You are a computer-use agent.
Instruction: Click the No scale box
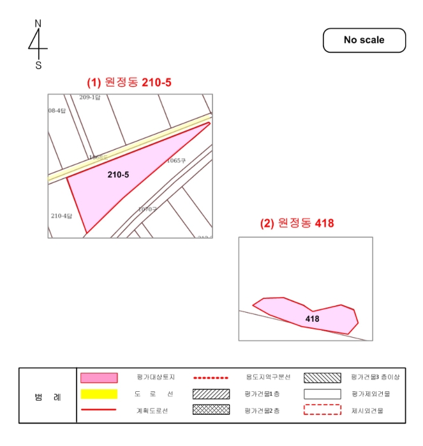click(x=364, y=40)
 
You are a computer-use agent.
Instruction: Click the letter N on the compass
click(x=38, y=24)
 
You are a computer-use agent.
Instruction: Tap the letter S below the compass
click(x=38, y=65)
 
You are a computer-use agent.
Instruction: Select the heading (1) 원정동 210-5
click(x=130, y=82)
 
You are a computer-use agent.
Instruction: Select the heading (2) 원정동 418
click(x=297, y=224)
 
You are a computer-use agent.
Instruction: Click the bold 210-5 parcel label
click(x=118, y=173)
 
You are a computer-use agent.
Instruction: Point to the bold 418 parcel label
click(x=312, y=319)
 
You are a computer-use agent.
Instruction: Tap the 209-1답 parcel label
click(x=90, y=97)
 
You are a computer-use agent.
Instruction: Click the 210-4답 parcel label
click(x=62, y=216)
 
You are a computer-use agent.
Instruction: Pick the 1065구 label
click(x=175, y=161)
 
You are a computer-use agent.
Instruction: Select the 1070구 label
click(x=147, y=209)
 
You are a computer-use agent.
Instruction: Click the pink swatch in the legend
click(x=99, y=378)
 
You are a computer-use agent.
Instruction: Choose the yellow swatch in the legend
click(x=99, y=394)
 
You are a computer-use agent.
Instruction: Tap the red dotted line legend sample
click(x=211, y=378)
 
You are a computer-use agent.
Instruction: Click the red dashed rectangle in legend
click(x=323, y=410)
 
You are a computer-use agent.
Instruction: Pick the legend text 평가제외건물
click(x=371, y=394)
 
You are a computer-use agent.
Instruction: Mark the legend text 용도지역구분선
click(x=268, y=377)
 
